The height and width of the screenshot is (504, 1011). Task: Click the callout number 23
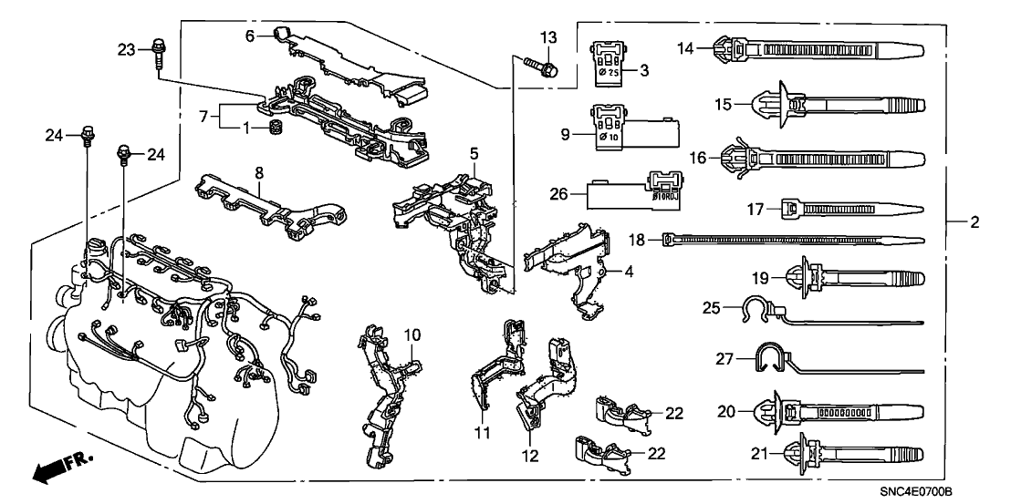[126, 48]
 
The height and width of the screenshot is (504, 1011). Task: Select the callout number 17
[755, 209]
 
